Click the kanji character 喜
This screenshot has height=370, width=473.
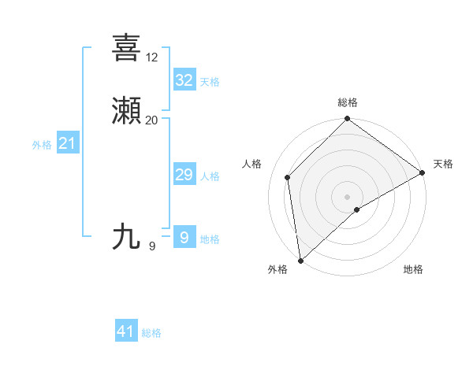tap(126, 48)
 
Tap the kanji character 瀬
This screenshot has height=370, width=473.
tap(126, 111)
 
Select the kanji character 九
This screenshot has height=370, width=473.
tap(126, 236)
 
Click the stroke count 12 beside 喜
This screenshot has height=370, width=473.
tap(152, 57)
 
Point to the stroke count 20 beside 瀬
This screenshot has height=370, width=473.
tap(152, 120)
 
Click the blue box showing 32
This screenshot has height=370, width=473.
tap(184, 80)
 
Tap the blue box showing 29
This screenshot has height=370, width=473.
tap(184, 175)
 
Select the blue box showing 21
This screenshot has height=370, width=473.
tap(68, 143)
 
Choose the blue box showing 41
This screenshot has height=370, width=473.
tap(126, 331)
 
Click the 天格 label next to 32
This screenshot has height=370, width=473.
tap(210, 82)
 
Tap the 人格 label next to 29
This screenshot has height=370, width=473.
tap(210, 176)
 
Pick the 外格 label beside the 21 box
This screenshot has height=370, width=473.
tap(42, 145)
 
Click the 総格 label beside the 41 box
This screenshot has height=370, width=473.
tap(151, 333)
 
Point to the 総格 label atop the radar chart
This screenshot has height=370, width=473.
tap(348, 103)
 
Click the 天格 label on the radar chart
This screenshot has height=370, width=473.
tap(443, 164)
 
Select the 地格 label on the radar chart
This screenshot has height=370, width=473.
tap(413, 269)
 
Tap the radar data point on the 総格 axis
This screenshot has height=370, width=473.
tap(348, 120)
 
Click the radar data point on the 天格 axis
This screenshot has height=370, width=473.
tap(423, 172)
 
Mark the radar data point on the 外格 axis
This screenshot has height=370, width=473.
tap(300, 260)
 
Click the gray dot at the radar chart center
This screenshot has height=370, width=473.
tap(348, 196)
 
